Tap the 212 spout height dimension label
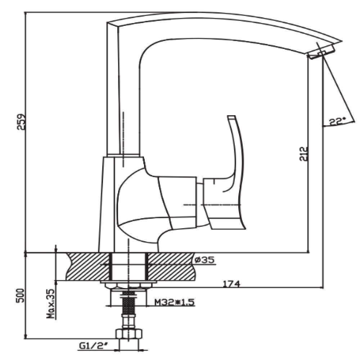pyautogui.click(x=304, y=154)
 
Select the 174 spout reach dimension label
pyautogui.click(x=231, y=284)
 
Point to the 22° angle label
pyautogui.click(x=337, y=122)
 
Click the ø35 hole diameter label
pyautogui.click(x=204, y=260)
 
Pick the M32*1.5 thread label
pyautogui.click(x=174, y=302)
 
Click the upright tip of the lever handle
pyautogui.click(x=231, y=117)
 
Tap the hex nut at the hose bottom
pyautogui.click(x=129, y=334)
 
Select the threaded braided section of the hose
pyautogui.click(x=129, y=303)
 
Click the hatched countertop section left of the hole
pyautogui.click(x=88, y=266)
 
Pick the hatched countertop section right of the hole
pyautogui.click(x=171, y=266)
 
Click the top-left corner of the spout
pyautogui.click(x=107, y=22)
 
